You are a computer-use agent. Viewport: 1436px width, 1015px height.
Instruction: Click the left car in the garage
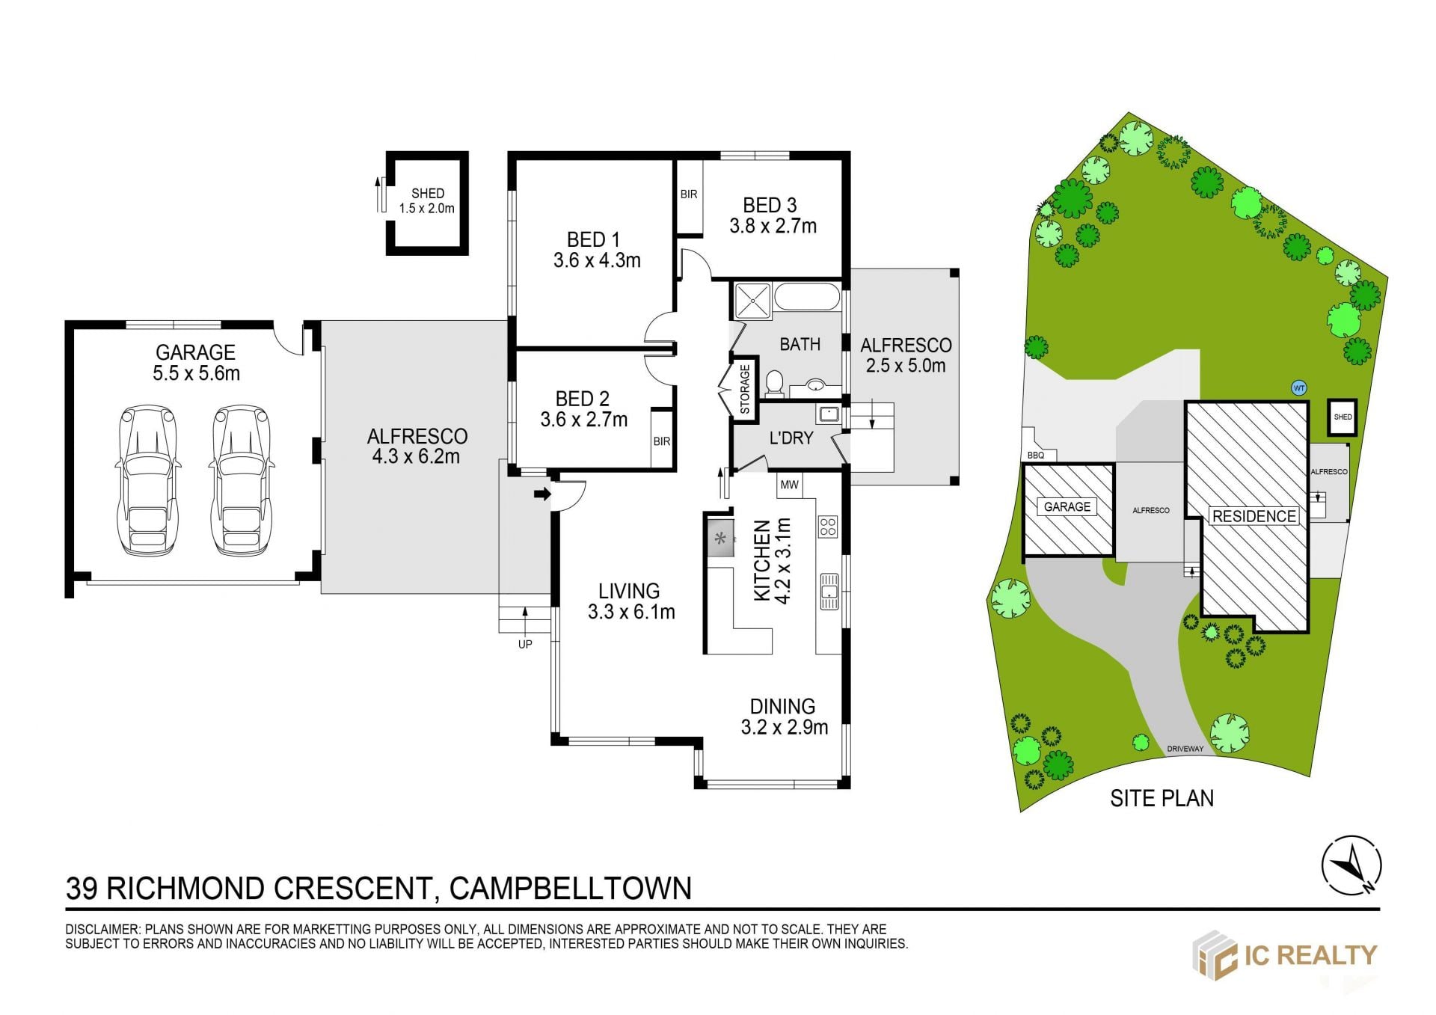[148, 480]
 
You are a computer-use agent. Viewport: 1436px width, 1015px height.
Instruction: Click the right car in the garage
[242, 480]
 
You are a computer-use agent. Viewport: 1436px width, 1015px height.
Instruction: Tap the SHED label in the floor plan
[427, 193]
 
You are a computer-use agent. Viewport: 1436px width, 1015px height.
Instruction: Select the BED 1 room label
[593, 239]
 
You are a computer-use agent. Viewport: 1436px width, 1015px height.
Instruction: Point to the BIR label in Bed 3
[689, 194]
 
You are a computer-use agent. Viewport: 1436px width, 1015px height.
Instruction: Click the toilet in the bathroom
[774, 383]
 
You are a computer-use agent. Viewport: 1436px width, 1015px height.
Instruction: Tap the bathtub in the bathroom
[808, 296]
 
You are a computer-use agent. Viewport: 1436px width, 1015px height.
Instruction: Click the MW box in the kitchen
[790, 485]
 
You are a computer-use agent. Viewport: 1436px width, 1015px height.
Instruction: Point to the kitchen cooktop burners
[827, 527]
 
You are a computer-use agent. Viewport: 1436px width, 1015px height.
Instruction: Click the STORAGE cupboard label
[745, 389]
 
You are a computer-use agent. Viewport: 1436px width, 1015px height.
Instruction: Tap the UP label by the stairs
[525, 644]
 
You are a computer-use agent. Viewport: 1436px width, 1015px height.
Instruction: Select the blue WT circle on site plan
[1299, 388]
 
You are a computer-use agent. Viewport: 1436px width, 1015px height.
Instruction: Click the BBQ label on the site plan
[1036, 455]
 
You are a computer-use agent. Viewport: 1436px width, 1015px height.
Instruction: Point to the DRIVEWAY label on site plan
[1185, 749]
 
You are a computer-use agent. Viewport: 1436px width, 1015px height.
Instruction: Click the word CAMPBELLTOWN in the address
[571, 889]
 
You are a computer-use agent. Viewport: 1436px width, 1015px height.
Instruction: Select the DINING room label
[782, 706]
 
